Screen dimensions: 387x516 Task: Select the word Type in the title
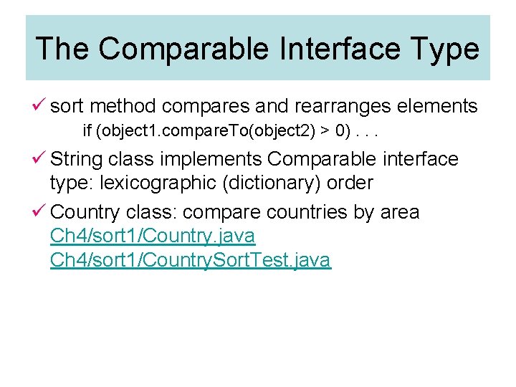[444, 49]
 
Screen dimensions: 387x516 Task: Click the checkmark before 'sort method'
[40, 106]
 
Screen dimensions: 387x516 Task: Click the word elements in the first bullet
[438, 107]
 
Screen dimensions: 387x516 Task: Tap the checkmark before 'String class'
[40, 158]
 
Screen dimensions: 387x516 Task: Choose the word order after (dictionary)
[350, 183]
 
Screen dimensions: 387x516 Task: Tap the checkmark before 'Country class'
[40, 211]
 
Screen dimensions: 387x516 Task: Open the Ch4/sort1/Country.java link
[152, 235]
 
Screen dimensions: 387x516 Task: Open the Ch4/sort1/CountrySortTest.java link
[190, 259]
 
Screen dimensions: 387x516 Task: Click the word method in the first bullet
[123, 107]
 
